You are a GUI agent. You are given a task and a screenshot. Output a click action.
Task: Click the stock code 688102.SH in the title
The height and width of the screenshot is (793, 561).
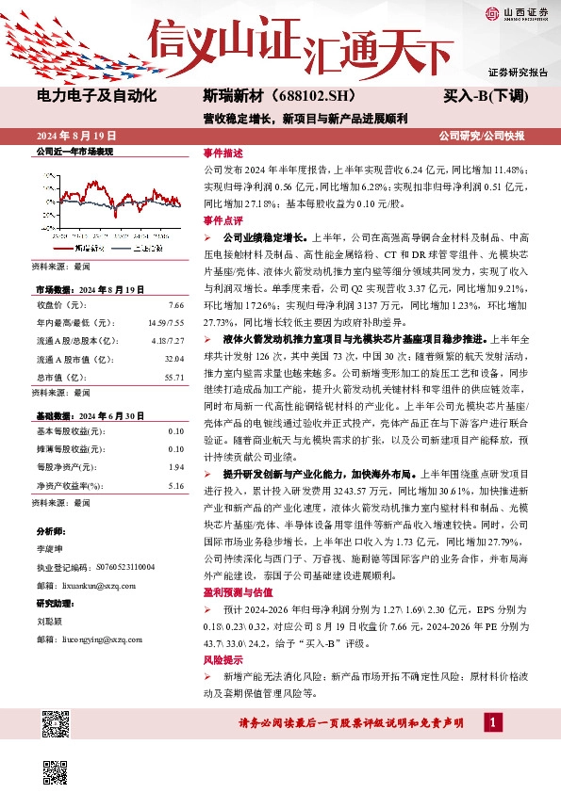tap(292, 95)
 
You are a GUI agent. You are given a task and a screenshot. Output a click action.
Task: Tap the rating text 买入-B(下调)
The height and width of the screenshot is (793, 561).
tap(486, 95)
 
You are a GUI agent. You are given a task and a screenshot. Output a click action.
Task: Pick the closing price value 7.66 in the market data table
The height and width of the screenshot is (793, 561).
tap(174, 306)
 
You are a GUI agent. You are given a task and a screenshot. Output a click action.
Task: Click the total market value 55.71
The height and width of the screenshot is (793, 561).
tap(173, 376)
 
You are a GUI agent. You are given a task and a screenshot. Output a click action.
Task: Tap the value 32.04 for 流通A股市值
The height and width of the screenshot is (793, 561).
tap(173, 358)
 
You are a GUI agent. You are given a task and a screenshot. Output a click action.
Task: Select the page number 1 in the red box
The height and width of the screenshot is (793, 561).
tap(492, 722)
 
